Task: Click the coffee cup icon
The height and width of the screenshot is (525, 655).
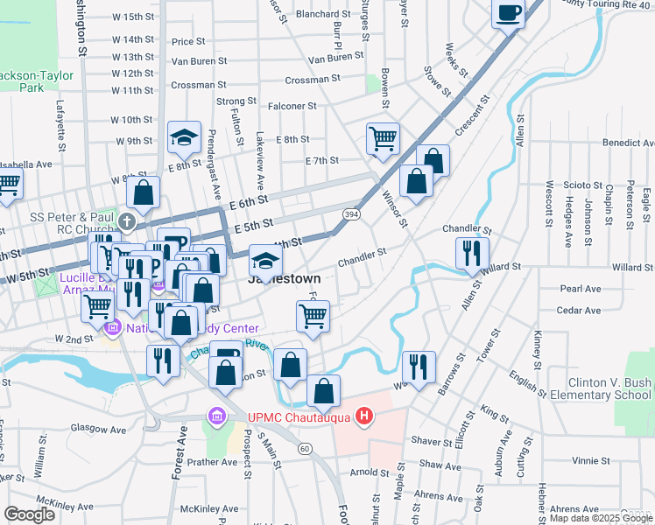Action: click(508, 12)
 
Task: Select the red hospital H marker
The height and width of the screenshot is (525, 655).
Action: click(364, 416)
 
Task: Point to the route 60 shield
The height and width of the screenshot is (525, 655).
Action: click(304, 448)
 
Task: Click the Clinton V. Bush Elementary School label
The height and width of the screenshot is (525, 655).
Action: click(609, 388)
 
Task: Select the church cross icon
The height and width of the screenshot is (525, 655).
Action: click(128, 221)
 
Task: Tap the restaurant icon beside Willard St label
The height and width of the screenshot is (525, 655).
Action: click(472, 252)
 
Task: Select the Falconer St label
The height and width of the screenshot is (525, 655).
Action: click(292, 106)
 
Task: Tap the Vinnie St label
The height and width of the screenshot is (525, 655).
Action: click(590, 460)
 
